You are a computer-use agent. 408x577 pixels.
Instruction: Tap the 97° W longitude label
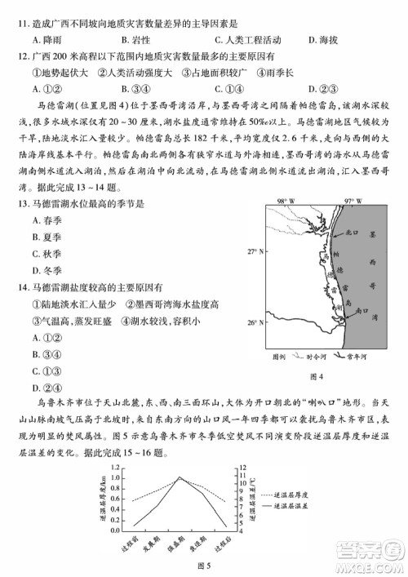[x=353, y=200]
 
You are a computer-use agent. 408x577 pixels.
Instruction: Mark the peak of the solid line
[x=180, y=477]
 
